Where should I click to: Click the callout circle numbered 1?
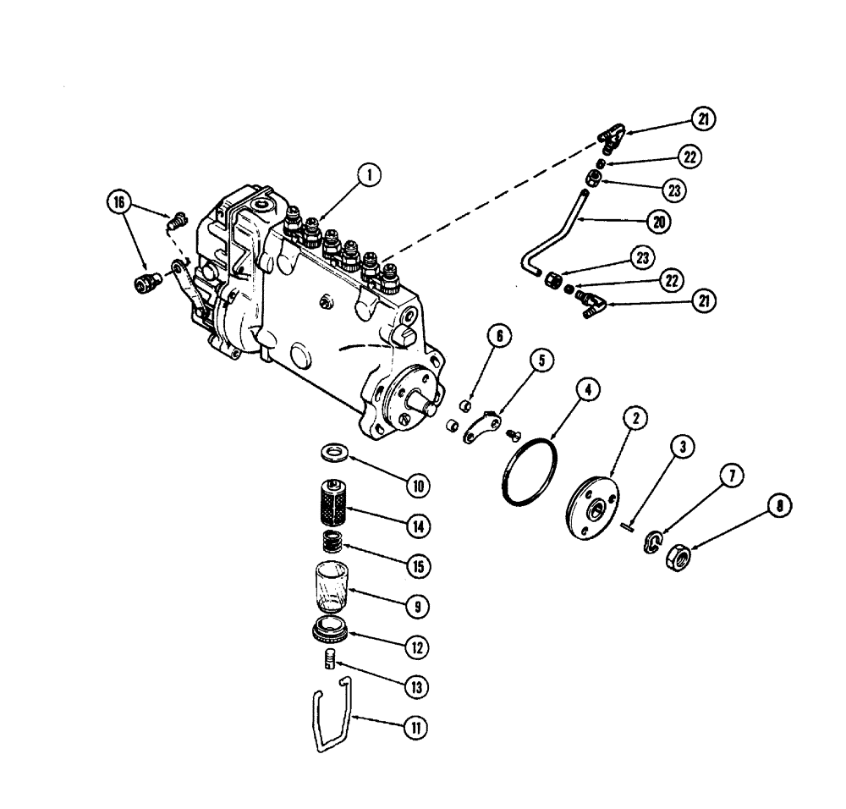[x=369, y=176]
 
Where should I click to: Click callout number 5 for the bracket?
[x=541, y=360]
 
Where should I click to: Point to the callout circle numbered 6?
[x=499, y=337]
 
